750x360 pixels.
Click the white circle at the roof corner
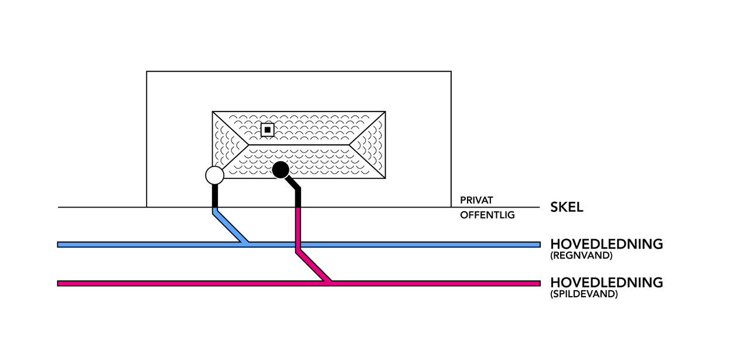click(214, 174)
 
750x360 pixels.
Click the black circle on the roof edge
click(281, 170)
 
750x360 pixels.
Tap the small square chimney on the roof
click(267, 129)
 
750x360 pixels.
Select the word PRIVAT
click(476, 201)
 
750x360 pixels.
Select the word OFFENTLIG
click(487, 215)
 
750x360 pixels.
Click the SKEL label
click(567, 207)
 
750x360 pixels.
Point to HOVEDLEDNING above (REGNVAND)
click(606, 244)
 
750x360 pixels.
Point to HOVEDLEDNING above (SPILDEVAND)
click(606, 282)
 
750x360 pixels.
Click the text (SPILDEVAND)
click(584, 294)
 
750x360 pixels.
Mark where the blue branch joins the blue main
click(247, 243)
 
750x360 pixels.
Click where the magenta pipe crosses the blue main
click(298, 244)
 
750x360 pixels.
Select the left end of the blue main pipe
click(59, 244)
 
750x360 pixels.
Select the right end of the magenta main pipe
click(538, 283)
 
